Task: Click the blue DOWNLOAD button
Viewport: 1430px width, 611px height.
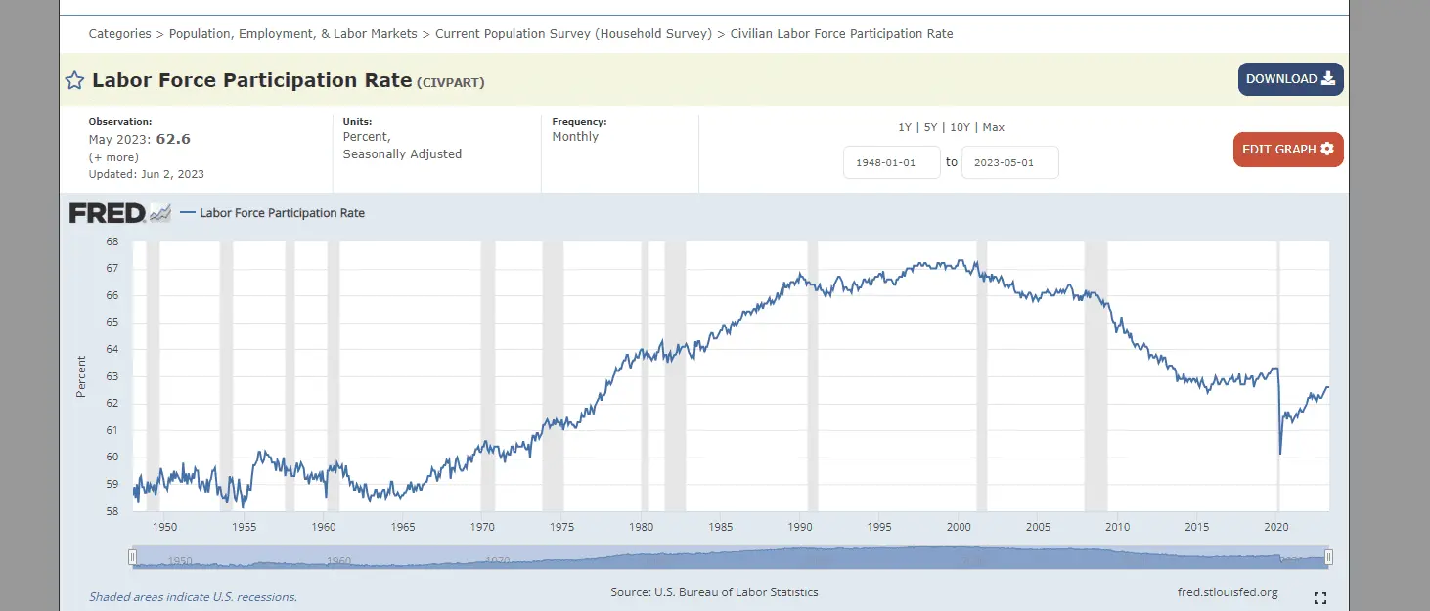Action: pyautogui.click(x=1290, y=79)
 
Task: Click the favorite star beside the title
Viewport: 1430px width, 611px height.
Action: pyautogui.click(x=74, y=81)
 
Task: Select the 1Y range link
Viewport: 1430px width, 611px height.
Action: pyautogui.click(x=905, y=127)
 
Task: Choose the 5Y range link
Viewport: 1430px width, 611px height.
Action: pyautogui.click(x=931, y=127)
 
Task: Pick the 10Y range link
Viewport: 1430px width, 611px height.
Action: pyautogui.click(x=960, y=127)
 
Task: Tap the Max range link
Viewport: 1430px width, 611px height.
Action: pyautogui.click(x=994, y=127)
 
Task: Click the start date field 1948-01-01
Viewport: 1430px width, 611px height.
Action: pyautogui.click(x=891, y=162)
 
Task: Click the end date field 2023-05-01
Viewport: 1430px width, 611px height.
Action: pyautogui.click(x=1009, y=162)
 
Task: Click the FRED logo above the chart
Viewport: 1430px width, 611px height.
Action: pyautogui.click(x=108, y=212)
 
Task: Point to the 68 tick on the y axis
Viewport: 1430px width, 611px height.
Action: pyautogui.click(x=112, y=241)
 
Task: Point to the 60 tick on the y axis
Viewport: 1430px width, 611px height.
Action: pyautogui.click(x=112, y=457)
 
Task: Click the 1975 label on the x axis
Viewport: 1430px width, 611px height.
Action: pyautogui.click(x=562, y=527)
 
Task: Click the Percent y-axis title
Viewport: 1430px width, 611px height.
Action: pyautogui.click(x=81, y=376)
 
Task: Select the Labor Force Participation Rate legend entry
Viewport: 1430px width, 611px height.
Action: pyautogui.click(x=282, y=213)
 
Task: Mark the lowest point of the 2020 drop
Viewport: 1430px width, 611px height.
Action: pyautogui.click(x=1280, y=454)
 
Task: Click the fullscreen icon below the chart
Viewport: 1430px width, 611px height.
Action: pyautogui.click(x=1319, y=597)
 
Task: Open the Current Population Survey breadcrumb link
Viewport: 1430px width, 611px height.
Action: pyautogui.click(x=573, y=34)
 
